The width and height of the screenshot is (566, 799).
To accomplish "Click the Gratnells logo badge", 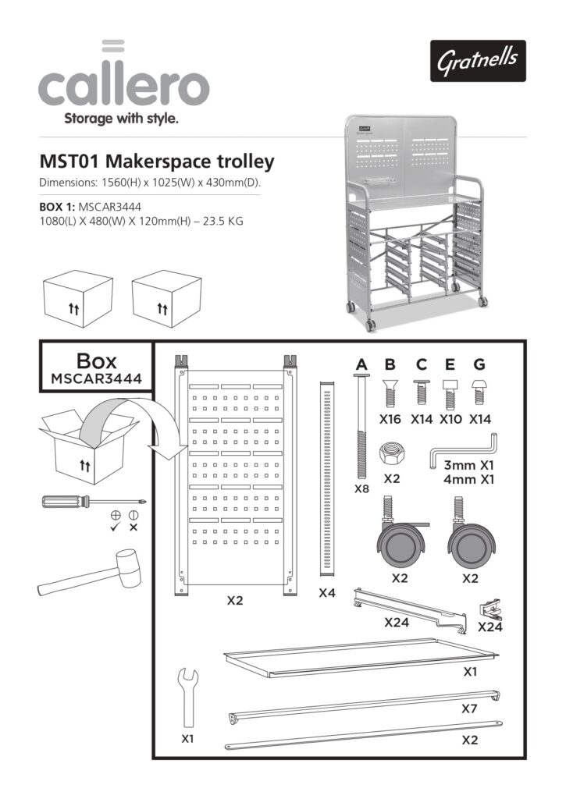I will (x=477, y=60).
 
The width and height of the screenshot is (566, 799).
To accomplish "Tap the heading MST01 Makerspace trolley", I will (x=157, y=162).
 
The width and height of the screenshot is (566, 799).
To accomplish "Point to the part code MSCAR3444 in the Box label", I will (x=97, y=378).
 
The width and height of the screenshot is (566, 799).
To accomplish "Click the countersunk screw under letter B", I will (x=390, y=390).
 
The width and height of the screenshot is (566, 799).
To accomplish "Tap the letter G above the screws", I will (x=479, y=364).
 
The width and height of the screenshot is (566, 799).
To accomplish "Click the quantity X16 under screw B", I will (x=390, y=418).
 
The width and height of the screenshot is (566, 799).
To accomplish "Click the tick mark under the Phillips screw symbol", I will (x=115, y=527).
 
